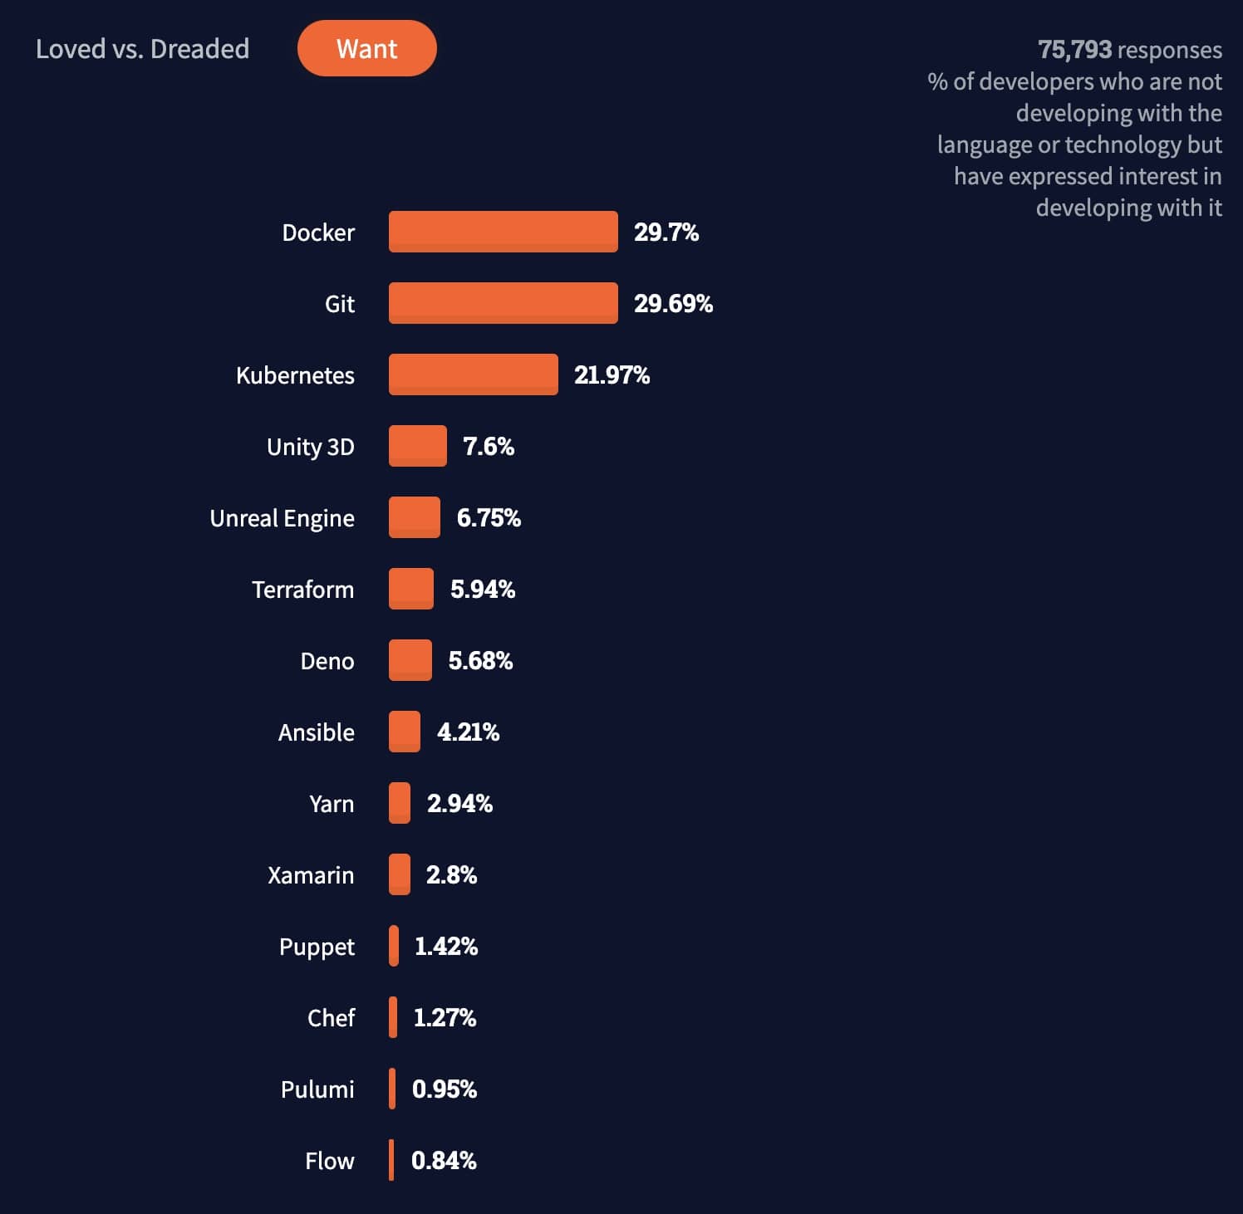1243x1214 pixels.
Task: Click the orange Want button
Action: click(366, 48)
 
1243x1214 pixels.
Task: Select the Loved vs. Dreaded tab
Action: click(142, 49)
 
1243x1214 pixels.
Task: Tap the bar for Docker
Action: click(503, 232)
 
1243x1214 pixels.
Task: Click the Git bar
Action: click(503, 303)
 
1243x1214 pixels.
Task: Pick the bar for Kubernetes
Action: click(473, 374)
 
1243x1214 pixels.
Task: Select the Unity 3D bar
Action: click(417, 446)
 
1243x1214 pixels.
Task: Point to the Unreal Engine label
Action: click(282, 518)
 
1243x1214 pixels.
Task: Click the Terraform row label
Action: click(302, 590)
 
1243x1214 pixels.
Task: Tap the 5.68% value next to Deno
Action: click(480, 661)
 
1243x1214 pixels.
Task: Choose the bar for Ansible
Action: click(405, 732)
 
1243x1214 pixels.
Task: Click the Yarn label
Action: click(331, 804)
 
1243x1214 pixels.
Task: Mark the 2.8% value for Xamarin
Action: click(451, 875)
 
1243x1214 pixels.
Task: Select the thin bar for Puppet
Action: click(394, 946)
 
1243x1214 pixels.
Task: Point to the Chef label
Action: click(331, 1018)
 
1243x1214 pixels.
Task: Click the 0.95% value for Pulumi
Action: click(445, 1089)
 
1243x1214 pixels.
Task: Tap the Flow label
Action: click(329, 1161)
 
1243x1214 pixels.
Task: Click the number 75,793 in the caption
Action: click(1074, 50)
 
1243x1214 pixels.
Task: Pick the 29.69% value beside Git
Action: click(673, 304)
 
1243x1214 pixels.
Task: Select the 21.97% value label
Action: click(612, 375)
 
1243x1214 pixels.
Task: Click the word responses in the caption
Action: click(1170, 50)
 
